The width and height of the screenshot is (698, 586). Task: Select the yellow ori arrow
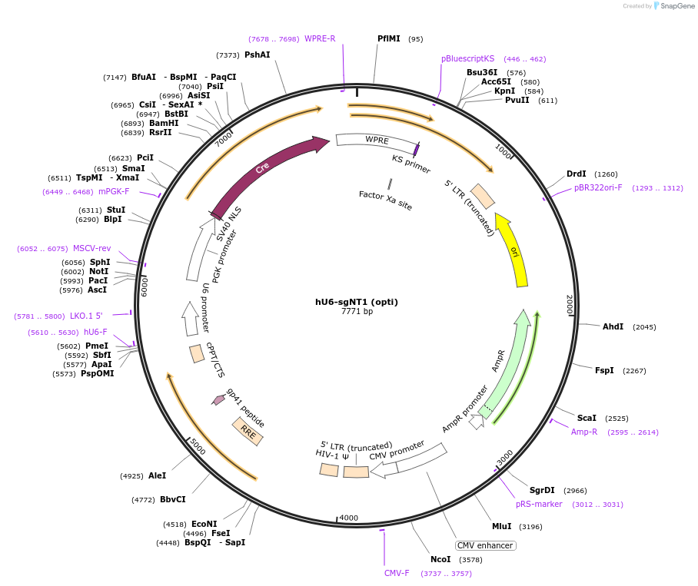click(x=513, y=250)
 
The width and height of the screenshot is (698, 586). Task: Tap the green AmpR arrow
click(x=504, y=362)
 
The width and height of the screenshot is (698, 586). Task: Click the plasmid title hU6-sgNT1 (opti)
click(x=356, y=302)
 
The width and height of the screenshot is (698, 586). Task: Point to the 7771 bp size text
click(x=356, y=312)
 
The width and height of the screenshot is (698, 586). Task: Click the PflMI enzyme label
click(x=389, y=38)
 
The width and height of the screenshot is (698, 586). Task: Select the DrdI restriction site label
click(x=576, y=174)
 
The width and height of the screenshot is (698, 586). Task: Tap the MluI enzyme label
click(x=501, y=526)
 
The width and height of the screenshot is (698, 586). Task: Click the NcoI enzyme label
click(x=440, y=559)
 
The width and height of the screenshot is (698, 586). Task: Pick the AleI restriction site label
click(x=157, y=476)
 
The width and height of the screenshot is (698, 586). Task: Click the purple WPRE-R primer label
click(x=320, y=38)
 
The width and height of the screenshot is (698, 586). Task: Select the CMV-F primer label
click(x=397, y=573)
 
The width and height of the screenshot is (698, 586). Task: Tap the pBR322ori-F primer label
click(x=598, y=187)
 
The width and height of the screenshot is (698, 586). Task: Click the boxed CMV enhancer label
click(x=485, y=545)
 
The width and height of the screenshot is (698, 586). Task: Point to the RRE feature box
click(x=248, y=432)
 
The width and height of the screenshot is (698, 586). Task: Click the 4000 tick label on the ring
click(x=348, y=518)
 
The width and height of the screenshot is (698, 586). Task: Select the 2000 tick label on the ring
click(x=570, y=305)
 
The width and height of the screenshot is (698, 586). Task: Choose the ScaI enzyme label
click(x=587, y=419)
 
